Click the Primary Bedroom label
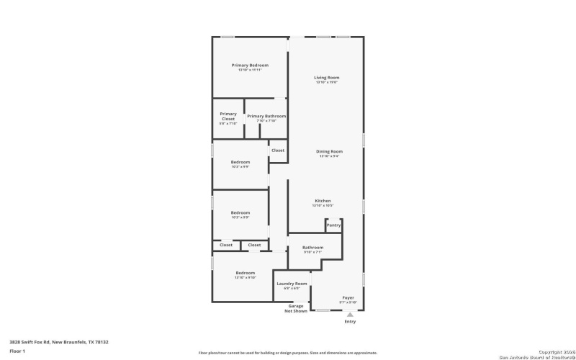click(x=250, y=65)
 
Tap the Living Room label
click(x=326, y=77)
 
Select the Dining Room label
click(x=329, y=151)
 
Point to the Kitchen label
click(x=323, y=200)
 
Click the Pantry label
click(x=333, y=225)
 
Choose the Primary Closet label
click(x=228, y=116)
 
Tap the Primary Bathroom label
click(x=266, y=116)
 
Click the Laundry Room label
click(x=292, y=284)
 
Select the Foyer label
click(x=348, y=297)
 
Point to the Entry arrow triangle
click(x=350, y=314)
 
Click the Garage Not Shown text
click(x=296, y=308)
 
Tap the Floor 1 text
click(x=17, y=351)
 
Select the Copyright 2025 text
click(x=554, y=351)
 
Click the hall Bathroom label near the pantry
click(x=312, y=248)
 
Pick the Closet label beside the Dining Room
click(x=278, y=150)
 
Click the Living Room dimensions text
click(x=326, y=82)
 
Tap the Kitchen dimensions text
click(x=323, y=206)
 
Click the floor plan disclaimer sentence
click(x=287, y=353)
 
